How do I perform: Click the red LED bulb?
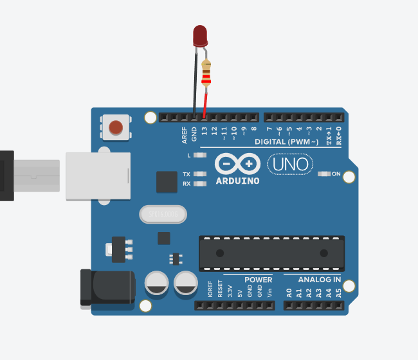(x=200, y=35)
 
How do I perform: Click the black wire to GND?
(x=195, y=84)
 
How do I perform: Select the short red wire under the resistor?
(x=205, y=103)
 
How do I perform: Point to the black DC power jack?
(x=107, y=287)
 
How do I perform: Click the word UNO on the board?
(x=291, y=165)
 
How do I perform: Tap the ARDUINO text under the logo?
(x=238, y=181)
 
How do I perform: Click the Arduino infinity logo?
(x=237, y=165)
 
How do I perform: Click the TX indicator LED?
(x=200, y=174)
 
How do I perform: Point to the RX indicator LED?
(x=200, y=184)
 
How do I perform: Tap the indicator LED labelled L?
(x=200, y=156)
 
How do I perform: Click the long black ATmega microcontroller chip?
(x=271, y=251)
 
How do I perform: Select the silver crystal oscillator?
(x=161, y=213)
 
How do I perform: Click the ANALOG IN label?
(x=320, y=280)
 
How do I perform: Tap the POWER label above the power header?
(x=258, y=280)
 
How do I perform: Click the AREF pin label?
(x=185, y=134)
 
